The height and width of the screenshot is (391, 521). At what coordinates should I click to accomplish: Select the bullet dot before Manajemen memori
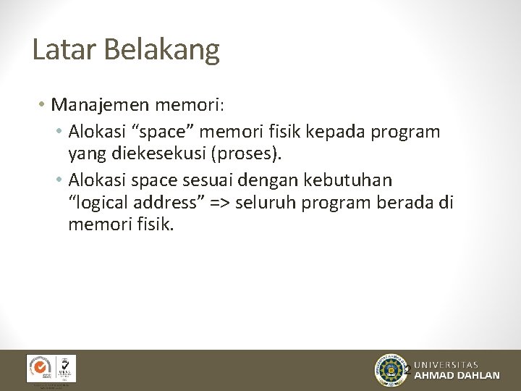click(x=43, y=106)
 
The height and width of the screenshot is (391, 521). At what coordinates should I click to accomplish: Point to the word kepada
click(x=338, y=132)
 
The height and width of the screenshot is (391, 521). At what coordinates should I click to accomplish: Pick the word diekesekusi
click(x=169, y=154)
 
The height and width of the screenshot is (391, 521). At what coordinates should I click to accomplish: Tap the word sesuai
click(x=240, y=179)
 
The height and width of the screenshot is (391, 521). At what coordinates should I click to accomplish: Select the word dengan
click(x=302, y=179)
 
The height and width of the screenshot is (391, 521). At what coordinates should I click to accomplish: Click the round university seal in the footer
click(x=391, y=370)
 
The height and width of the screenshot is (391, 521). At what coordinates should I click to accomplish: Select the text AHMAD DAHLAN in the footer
click(x=457, y=376)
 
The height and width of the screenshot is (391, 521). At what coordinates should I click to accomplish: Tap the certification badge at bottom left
click(x=51, y=369)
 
